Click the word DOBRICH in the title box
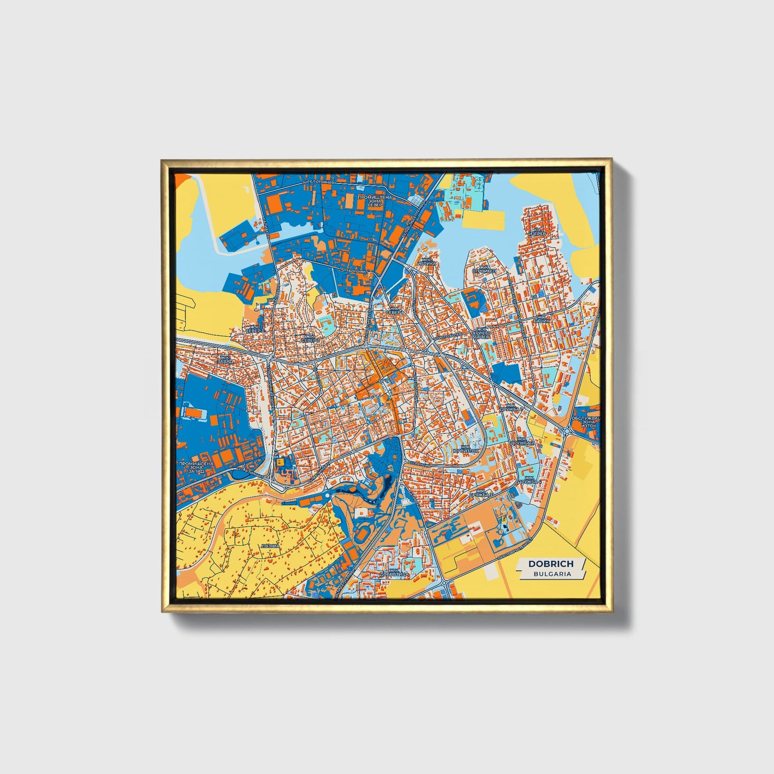point(551,563)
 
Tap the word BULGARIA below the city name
point(552,574)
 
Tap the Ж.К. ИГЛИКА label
point(429,262)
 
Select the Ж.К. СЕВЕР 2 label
point(310,339)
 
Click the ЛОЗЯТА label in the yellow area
point(269,546)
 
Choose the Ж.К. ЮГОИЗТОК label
point(466,449)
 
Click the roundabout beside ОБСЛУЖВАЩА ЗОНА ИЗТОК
point(567,431)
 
